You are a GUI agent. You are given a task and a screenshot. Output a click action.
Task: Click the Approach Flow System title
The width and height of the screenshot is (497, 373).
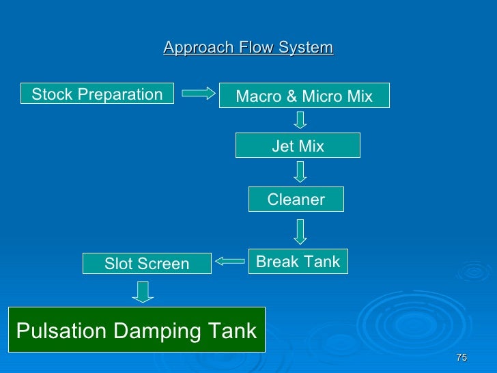click(x=248, y=48)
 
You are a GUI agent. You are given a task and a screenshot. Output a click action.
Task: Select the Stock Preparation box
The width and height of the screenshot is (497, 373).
click(x=98, y=94)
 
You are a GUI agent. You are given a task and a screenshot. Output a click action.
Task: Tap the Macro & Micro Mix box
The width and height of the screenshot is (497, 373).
click(x=304, y=96)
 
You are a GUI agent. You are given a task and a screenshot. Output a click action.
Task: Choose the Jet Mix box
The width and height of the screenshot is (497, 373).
click(x=298, y=146)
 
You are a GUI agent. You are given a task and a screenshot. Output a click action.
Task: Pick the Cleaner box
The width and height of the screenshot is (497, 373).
click(x=296, y=199)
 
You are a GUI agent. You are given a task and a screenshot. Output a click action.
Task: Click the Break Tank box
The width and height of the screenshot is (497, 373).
click(x=298, y=262)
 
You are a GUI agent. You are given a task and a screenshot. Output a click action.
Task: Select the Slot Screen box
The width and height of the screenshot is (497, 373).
click(x=147, y=264)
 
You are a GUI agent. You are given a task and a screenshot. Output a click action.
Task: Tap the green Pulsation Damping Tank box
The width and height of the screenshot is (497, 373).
click(x=136, y=331)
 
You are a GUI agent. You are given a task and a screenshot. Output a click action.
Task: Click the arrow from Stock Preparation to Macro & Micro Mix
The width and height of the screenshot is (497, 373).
click(x=199, y=94)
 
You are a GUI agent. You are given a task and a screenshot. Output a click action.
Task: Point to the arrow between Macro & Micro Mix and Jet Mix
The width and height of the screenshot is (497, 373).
click(x=300, y=120)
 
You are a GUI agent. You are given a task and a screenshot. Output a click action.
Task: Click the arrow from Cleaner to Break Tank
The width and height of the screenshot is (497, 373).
click(x=300, y=231)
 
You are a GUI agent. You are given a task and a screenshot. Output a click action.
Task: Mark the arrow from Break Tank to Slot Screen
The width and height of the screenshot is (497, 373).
click(x=230, y=260)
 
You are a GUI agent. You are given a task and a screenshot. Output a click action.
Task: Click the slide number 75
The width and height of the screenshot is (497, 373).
click(x=461, y=358)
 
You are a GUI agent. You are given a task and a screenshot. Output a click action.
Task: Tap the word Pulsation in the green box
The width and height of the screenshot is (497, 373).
click(x=61, y=331)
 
